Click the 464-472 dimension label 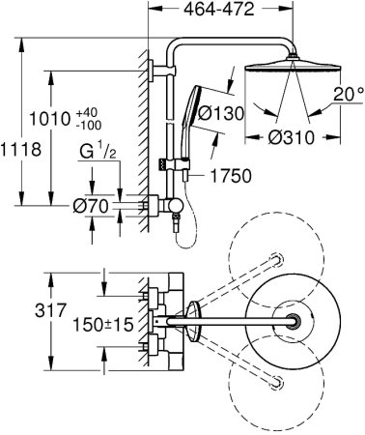219,10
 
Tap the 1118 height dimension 20,150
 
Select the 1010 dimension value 49,119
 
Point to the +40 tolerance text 87,113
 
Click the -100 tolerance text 89,125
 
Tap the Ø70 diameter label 91,206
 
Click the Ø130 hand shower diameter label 221,113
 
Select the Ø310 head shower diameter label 291,137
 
